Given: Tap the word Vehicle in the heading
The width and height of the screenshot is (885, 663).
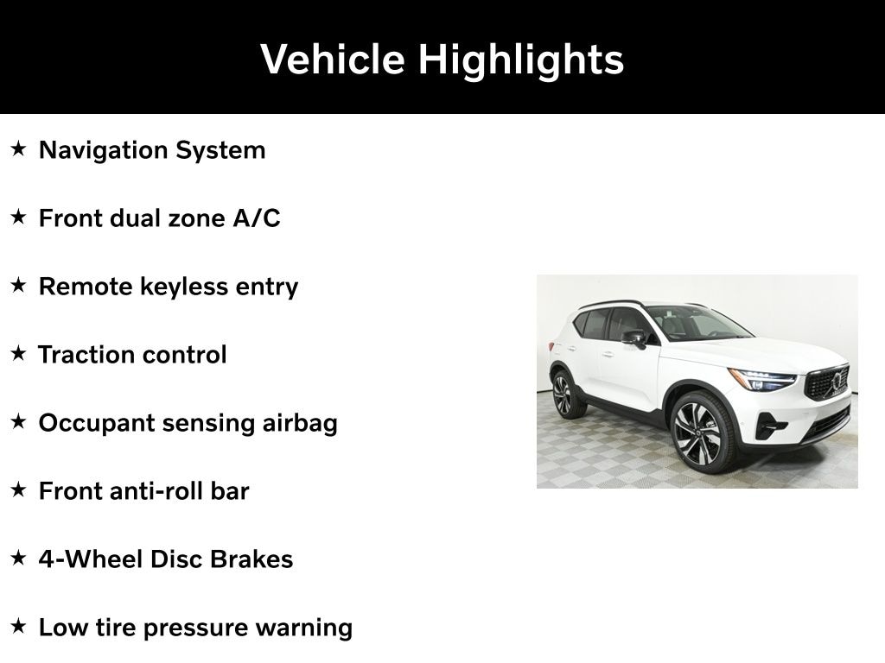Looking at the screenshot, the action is point(333,59).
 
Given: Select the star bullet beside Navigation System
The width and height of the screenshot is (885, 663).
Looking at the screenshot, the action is point(19,148).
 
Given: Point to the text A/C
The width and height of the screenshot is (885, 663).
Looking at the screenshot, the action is point(256,218).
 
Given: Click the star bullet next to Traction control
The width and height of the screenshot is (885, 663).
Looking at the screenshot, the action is point(19,353).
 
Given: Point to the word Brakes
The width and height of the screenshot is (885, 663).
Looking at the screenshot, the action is point(251,559).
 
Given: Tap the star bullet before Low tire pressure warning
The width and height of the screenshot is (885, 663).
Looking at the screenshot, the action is point(19,627).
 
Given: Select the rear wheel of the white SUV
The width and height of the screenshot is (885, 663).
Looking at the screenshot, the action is point(563,395).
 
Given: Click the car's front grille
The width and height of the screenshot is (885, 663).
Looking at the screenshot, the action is point(828,382).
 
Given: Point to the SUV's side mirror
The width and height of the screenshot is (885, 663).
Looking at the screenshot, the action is point(635,338).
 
